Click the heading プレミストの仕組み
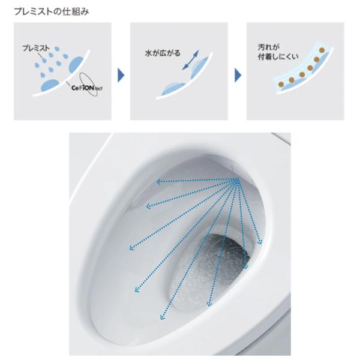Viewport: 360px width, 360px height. coord(52,12)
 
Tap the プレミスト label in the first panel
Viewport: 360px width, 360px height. coord(36,48)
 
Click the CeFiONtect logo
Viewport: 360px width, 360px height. coord(87,88)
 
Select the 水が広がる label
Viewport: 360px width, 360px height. coord(163,53)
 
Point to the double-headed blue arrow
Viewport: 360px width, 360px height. coord(190,60)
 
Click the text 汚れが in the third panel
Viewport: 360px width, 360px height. coord(268,47)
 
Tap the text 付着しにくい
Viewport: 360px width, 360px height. coord(278,57)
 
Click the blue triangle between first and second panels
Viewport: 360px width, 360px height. coord(121,75)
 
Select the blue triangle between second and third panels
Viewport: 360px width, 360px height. coord(238,75)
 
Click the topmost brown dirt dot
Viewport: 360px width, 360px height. coord(322,50)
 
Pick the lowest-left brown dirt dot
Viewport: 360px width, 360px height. coord(281,85)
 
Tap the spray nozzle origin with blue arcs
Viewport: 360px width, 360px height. coord(236,181)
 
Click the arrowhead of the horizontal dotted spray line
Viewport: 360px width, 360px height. coord(158,182)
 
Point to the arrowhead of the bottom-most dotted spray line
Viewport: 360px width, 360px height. coord(162,317)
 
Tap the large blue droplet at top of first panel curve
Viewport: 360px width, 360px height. coord(76,65)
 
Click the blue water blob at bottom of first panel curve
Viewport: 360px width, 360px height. coord(49,85)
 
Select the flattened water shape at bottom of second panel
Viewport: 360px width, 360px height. coord(173,89)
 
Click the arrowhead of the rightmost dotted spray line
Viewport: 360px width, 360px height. coord(260,242)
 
